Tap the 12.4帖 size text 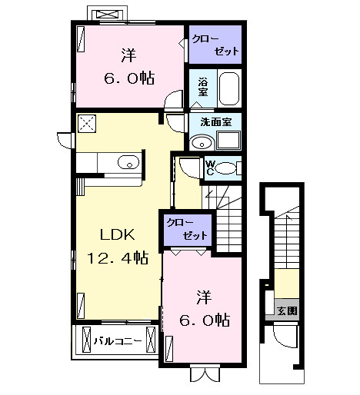click(118, 259)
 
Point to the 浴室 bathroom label click(203, 88)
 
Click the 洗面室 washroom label click(215, 121)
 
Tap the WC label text click(209, 167)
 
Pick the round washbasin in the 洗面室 click(202, 142)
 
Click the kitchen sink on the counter click(128, 162)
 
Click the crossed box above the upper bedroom click(106, 14)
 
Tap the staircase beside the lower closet click(228, 219)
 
